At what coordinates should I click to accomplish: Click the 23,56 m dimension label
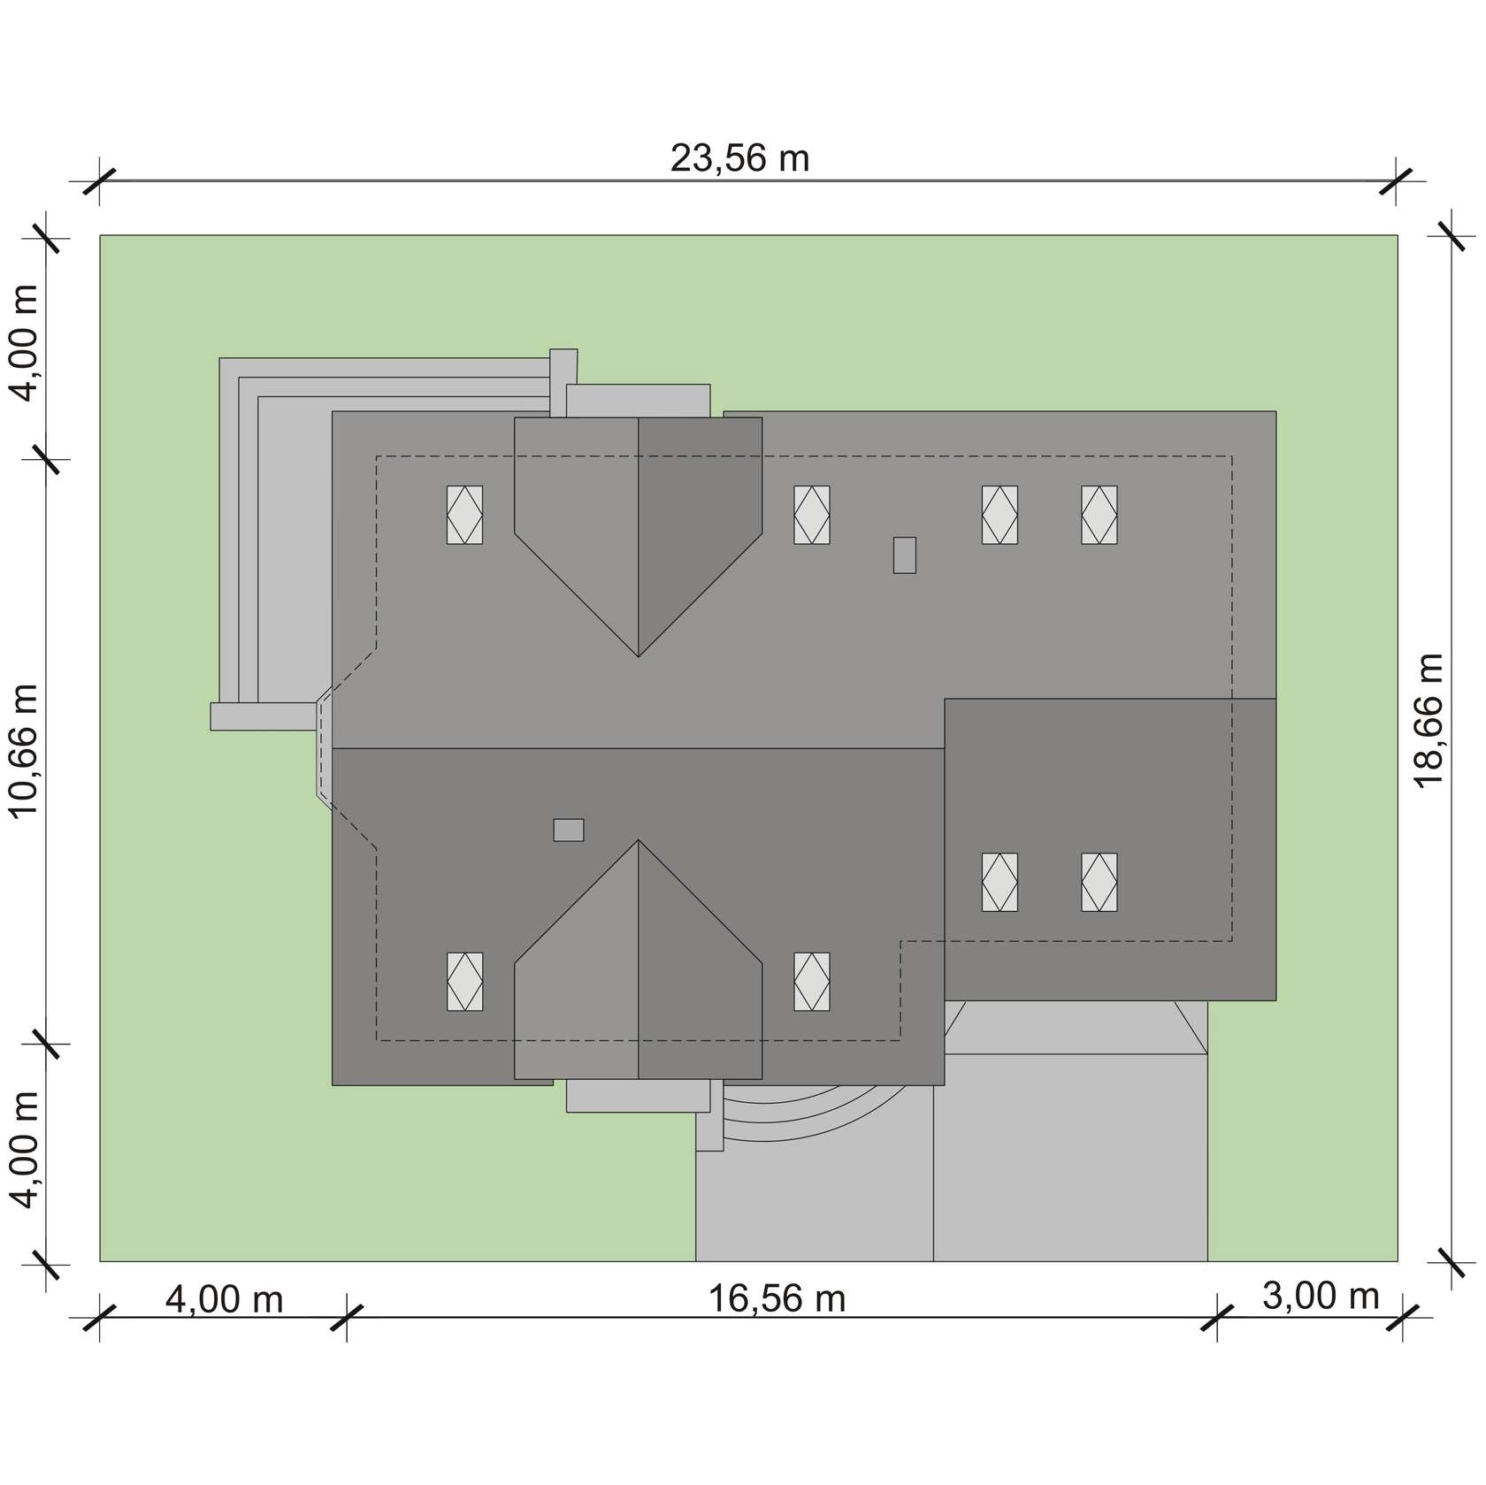(739, 159)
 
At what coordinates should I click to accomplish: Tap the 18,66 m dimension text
(1429, 719)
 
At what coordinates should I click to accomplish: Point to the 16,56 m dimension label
(777, 1299)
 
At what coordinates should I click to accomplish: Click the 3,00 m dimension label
(1321, 1296)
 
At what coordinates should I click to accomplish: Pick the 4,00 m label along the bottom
(224, 1299)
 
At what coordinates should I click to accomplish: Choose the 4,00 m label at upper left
(24, 342)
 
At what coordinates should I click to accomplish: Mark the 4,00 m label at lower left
(24, 1149)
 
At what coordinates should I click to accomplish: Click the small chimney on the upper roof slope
(904, 555)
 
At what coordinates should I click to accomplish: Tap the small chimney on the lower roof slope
(569, 830)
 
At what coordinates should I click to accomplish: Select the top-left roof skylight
(464, 515)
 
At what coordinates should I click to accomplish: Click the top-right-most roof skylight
(1099, 515)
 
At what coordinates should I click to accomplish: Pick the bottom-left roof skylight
(464, 982)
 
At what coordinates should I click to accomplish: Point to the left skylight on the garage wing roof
(1000, 882)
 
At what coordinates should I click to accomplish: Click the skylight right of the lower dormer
(811, 982)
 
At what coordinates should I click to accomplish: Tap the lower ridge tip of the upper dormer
(639, 656)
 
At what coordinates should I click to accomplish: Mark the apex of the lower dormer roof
(639, 840)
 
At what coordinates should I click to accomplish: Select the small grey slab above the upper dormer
(638, 400)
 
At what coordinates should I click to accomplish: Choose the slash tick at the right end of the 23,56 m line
(1397, 181)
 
